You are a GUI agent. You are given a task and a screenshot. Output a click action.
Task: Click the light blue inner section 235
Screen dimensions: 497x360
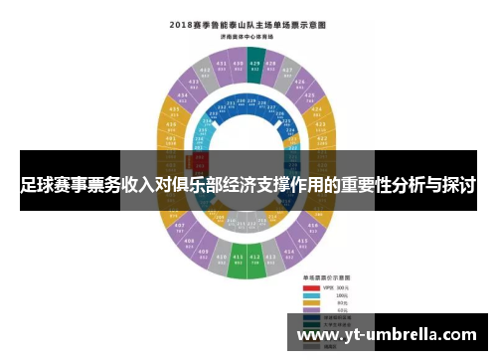pyautogui.click(x=207, y=127)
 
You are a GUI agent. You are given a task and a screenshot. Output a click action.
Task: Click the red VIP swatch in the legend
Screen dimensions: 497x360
pyautogui.click(x=311, y=286)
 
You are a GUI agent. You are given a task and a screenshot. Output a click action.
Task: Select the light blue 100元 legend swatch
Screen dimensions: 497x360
pyautogui.click(x=311, y=295)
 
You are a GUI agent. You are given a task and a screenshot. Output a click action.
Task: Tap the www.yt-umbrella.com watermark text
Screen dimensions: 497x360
pyautogui.click(x=388, y=335)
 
